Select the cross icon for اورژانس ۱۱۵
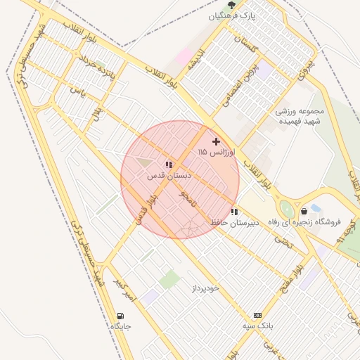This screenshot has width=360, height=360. [216, 141]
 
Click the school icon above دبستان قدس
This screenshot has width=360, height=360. [168, 165]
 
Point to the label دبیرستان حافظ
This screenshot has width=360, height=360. [235, 222]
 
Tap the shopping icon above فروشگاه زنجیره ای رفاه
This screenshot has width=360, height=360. [304, 211]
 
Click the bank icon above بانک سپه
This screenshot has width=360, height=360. [257, 316]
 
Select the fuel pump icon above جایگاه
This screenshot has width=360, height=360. [120, 316]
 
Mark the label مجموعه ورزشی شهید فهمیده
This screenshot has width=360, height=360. [309, 116]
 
